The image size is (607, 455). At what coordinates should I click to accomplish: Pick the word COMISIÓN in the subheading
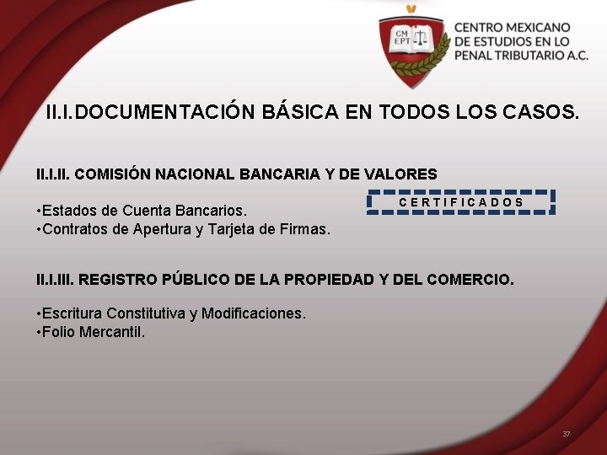(117, 174)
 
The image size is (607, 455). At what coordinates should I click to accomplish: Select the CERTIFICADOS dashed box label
(461, 202)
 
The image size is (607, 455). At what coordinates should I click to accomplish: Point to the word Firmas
(305, 228)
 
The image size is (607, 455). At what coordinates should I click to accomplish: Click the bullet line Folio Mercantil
(92, 332)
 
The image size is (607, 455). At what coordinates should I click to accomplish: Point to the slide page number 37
(567, 434)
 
